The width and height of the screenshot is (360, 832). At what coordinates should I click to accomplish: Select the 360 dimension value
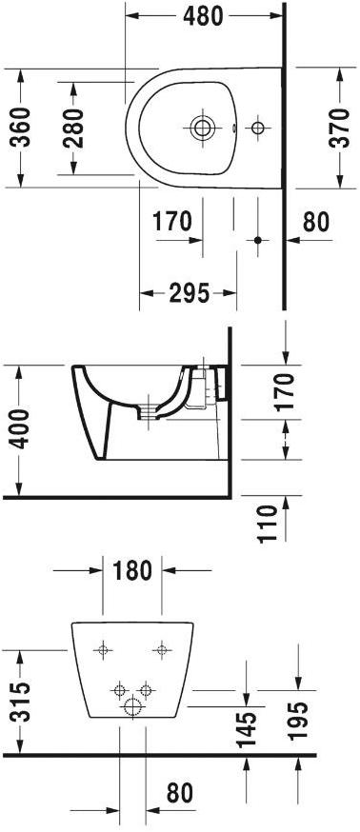pos(21,128)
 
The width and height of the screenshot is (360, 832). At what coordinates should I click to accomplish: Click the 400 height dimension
pos(21,432)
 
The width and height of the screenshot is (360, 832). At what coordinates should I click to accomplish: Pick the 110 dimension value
pos(269,523)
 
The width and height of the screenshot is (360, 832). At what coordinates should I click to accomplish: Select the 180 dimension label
pos(132,571)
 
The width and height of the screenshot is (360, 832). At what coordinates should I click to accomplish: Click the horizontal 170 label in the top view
pos(172,223)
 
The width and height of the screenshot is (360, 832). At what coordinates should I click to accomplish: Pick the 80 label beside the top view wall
pos(314,223)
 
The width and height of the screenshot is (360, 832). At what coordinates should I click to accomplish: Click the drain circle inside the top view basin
pos(202,127)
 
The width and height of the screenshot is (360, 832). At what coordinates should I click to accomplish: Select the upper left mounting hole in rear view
pos(103,650)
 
